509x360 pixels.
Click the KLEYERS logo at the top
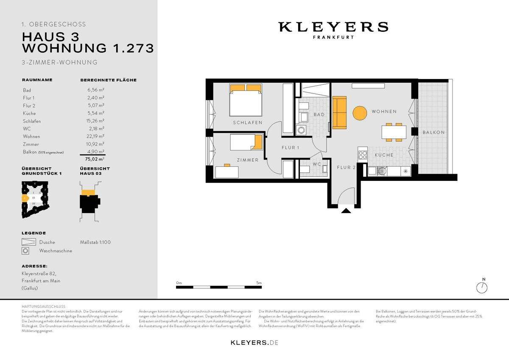[333, 27]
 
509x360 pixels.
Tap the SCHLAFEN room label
[247, 123]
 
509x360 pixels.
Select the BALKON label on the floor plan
[433, 132]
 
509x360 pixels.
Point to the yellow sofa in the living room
[339, 113]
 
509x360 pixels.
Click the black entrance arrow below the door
[346, 210]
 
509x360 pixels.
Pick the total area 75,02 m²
[94, 160]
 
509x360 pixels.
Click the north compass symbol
[482, 288]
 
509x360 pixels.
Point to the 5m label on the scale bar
[259, 283]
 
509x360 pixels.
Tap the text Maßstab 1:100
[95, 242]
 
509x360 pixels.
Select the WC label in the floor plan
[316, 164]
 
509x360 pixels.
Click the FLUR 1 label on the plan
[291, 148]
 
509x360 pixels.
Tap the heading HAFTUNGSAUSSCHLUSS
[43, 306]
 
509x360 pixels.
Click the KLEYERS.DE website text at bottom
[255, 342]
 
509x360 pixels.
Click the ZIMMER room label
[248, 160]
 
